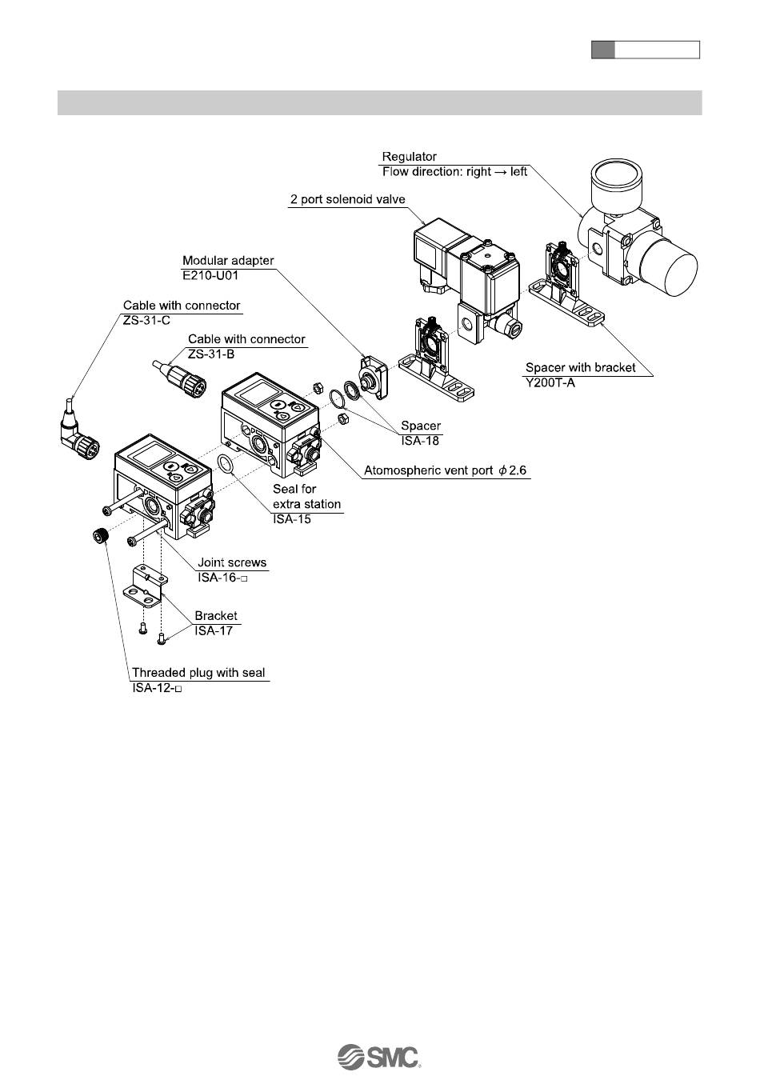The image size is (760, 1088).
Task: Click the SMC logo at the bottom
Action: pos(379,1056)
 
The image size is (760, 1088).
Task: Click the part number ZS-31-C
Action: pos(146,321)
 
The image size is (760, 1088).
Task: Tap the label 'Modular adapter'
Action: pos(228,261)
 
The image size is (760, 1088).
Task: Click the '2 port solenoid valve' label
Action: pos(347,199)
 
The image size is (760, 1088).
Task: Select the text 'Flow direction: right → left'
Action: pos(454,172)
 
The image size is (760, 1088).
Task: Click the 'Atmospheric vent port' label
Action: pos(446,470)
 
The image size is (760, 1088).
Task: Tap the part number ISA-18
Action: pos(419,441)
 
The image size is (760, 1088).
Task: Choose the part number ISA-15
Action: pos(292,519)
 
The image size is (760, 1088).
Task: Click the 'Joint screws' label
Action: pos(232,562)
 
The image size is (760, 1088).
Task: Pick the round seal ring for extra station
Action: pos(227,463)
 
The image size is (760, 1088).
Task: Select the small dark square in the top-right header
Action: pos(602,50)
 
